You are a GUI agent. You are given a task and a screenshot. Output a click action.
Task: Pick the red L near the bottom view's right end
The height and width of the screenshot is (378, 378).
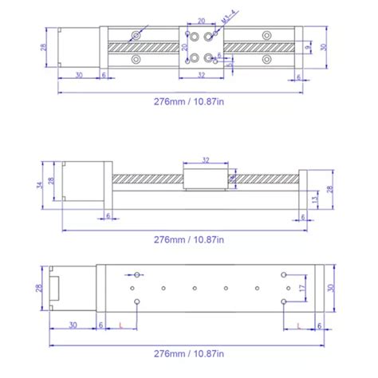(x=297, y=325)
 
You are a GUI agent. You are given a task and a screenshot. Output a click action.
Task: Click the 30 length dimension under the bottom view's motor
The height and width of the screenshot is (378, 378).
(x=73, y=325)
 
